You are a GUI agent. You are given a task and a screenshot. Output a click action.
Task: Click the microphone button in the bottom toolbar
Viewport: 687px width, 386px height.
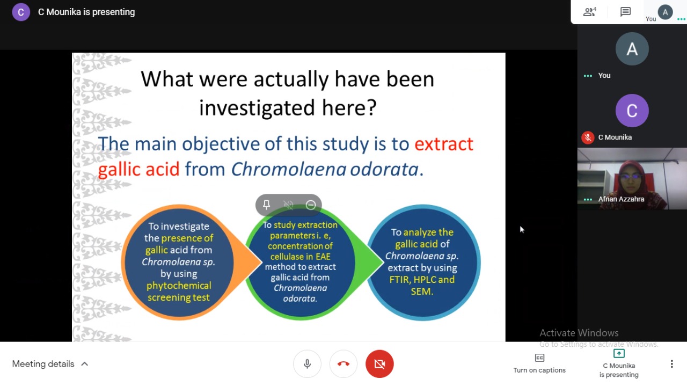pyautogui.click(x=307, y=364)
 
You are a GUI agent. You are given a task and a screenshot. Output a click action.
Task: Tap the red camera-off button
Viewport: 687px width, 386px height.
pyautogui.click(x=379, y=364)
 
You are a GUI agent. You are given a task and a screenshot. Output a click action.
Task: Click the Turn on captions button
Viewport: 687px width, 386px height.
pyautogui.click(x=539, y=363)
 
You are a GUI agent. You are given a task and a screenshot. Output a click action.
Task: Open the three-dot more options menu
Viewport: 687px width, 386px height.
pyautogui.click(x=671, y=364)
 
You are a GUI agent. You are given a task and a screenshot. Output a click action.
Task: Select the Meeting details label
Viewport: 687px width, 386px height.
pyautogui.click(x=43, y=364)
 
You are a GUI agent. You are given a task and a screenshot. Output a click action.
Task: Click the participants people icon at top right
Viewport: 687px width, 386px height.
pyautogui.click(x=589, y=12)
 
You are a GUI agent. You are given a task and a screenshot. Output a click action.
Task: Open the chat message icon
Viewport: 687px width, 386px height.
pyautogui.click(x=625, y=12)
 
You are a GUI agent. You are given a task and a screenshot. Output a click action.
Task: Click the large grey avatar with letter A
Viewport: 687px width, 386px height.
pyautogui.click(x=632, y=49)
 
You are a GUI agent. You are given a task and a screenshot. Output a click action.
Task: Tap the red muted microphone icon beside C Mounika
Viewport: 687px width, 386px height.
pyautogui.click(x=588, y=137)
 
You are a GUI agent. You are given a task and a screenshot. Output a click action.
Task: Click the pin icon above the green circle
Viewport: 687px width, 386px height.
pyautogui.click(x=266, y=205)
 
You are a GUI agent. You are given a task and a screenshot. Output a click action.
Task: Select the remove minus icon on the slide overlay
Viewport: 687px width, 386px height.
pyautogui.click(x=311, y=205)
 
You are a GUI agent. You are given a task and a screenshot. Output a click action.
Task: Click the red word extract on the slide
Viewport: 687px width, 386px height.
pyautogui.click(x=444, y=144)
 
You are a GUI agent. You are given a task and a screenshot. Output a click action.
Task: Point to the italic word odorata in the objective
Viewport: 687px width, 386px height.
pyautogui.click(x=384, y=169)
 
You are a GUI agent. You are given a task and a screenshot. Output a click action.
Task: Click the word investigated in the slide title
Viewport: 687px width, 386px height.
pyautogui.click(x=257, y=108)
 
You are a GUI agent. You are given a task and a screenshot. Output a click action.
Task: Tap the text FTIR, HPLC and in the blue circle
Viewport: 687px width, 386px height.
pyautogui.click(x=422, y=280)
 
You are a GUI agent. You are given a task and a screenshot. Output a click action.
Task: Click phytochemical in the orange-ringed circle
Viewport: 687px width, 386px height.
pyautogui.click(x=179, y=286)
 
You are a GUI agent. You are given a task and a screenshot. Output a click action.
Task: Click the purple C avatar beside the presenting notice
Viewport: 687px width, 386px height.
pyautogui.click(x=21, y=12)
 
